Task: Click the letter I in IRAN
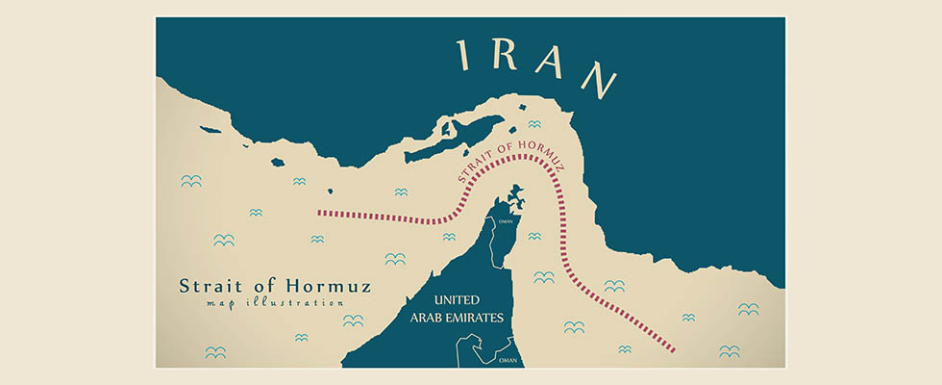click(465, 57)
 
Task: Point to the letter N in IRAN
click(599, 81)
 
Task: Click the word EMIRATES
click(483, 318)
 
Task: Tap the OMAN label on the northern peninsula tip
click(504, 219)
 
